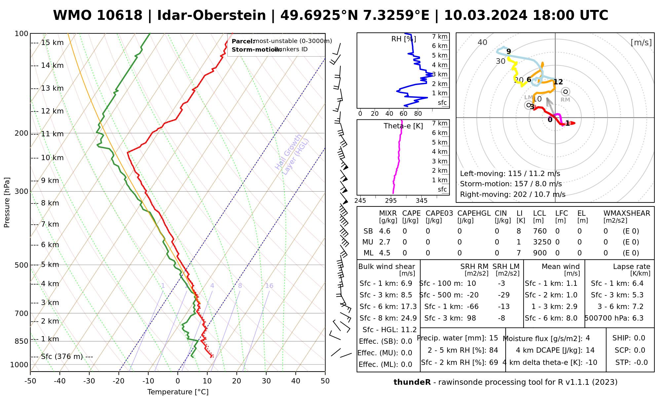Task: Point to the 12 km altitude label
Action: click(x=52, y=111)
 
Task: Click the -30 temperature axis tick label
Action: click(x=89, y=381)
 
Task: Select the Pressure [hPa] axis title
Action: click(x=7, y=202)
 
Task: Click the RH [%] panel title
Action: click(x=404, y=39)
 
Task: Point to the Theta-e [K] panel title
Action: click(x=403, y=126)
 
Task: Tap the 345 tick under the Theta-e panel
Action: click(x=421, y=201)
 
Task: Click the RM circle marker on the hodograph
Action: click(x=565, y=92)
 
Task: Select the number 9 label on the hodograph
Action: click(x=509, y=51)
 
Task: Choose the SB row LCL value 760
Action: click(x=540, y=231)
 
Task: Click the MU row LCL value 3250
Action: click(x=542, y=242)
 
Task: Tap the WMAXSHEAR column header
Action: click(x=627, y=213)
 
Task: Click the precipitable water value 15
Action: click(x=493, y=338)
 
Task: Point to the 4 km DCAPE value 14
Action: click(x=590, y=350)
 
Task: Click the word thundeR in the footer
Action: click(x=412, y=382)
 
